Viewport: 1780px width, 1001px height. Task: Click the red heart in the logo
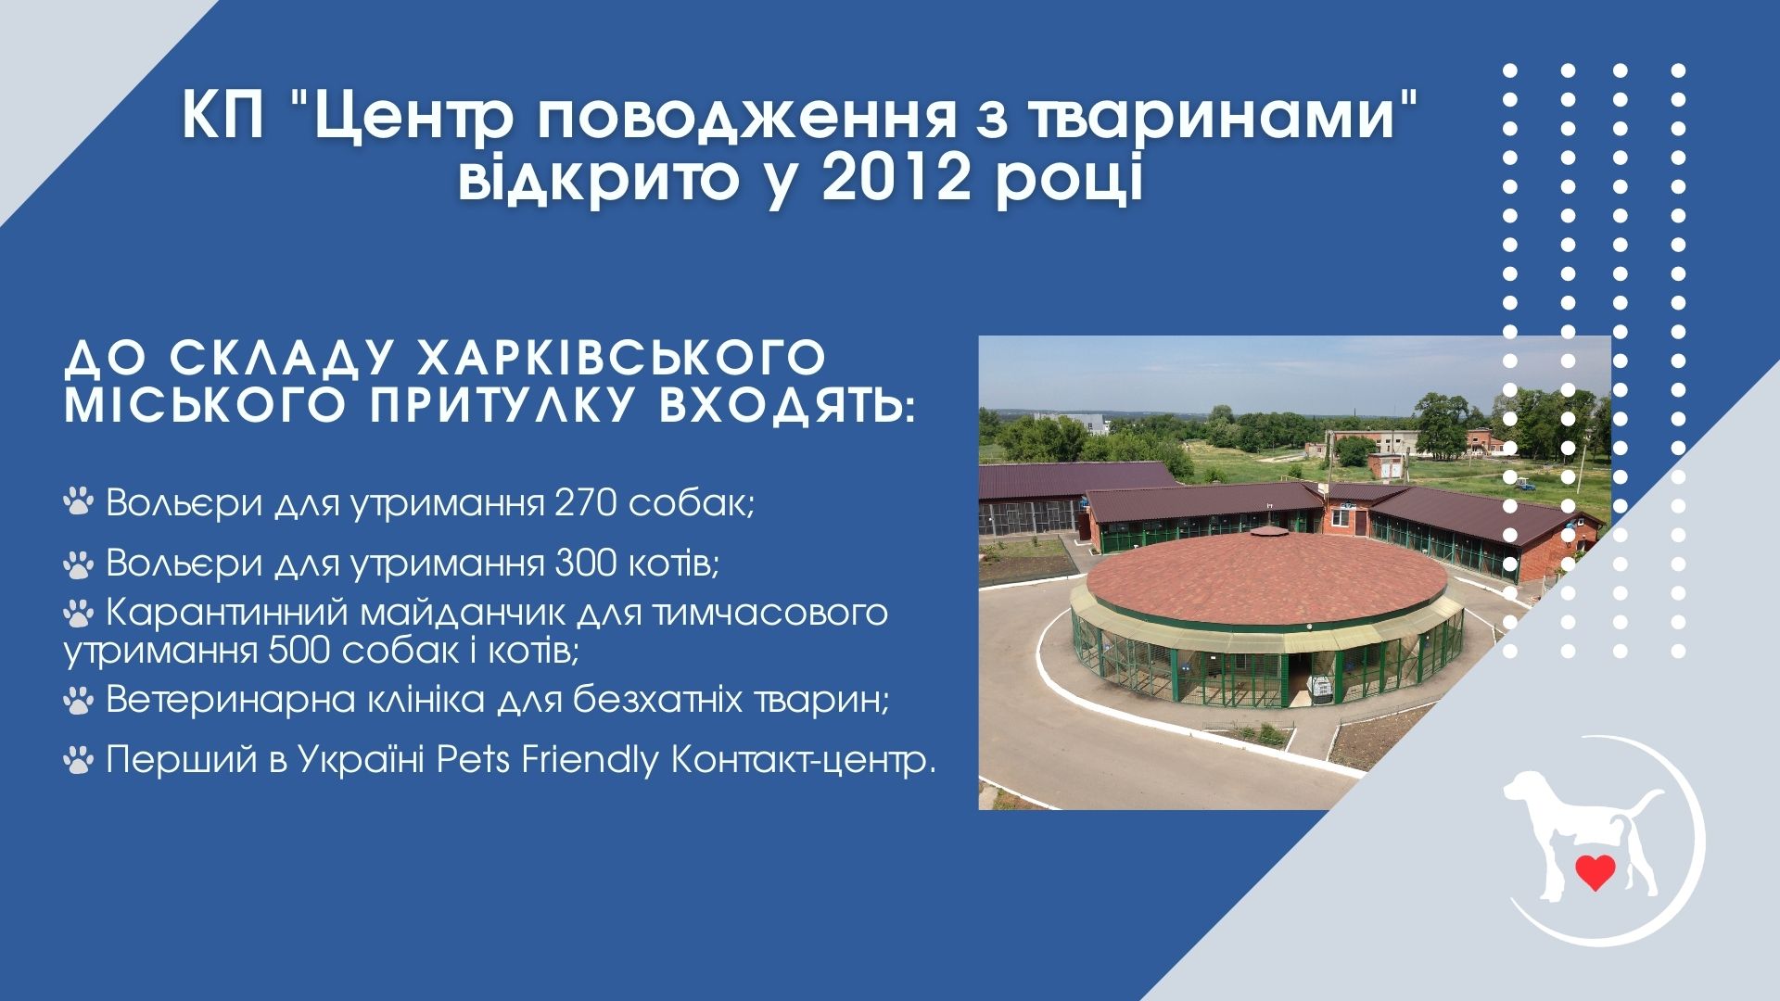[1595, 871]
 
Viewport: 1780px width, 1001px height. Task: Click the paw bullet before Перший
[79, 761]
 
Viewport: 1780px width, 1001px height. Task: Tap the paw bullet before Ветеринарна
[79, 701]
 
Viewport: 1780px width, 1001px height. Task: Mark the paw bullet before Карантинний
[79, 612]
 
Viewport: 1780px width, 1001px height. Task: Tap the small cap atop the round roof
[1265, 532]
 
